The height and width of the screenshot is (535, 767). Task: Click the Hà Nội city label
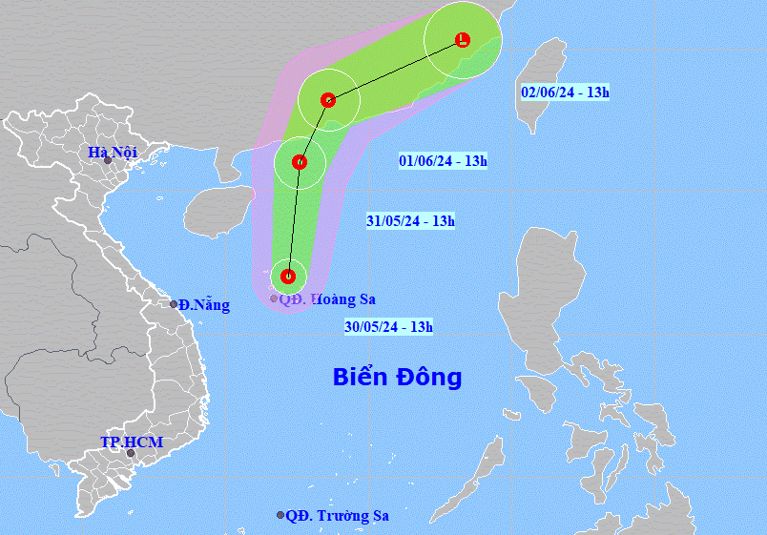[x=113, y=152]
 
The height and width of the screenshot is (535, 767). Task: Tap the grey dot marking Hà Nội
[x=108, y=160]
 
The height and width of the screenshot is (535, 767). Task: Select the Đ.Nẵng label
[x=203, y=305]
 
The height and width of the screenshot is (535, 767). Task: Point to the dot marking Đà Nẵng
[x=174, y=304]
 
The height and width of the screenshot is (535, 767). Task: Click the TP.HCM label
[x=132, y=442]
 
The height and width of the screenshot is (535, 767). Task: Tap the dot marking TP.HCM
[x=131, y=453]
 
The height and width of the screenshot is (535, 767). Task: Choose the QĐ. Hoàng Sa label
[x=327, y=298]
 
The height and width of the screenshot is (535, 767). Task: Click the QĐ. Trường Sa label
[x=339, y=516]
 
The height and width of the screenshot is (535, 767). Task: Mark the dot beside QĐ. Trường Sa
[x=280, y=515]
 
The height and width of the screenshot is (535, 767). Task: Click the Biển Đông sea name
[x=397, y=377]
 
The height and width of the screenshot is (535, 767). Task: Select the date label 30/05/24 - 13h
[x=389, y=327]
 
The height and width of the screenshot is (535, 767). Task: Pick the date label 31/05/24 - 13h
[x=410, y=221]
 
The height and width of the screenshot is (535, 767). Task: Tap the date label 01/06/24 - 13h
[x=443, y=161]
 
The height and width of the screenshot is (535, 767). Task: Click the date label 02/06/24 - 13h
[x=565, y=93]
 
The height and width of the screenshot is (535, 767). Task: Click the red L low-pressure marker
[x=463, y=40]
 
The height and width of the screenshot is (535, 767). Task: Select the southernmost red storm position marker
[x=288, y=277]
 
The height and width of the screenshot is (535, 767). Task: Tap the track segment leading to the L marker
[x=396, y=70]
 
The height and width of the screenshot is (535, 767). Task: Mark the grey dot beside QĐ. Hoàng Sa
[x=274, y=298]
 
